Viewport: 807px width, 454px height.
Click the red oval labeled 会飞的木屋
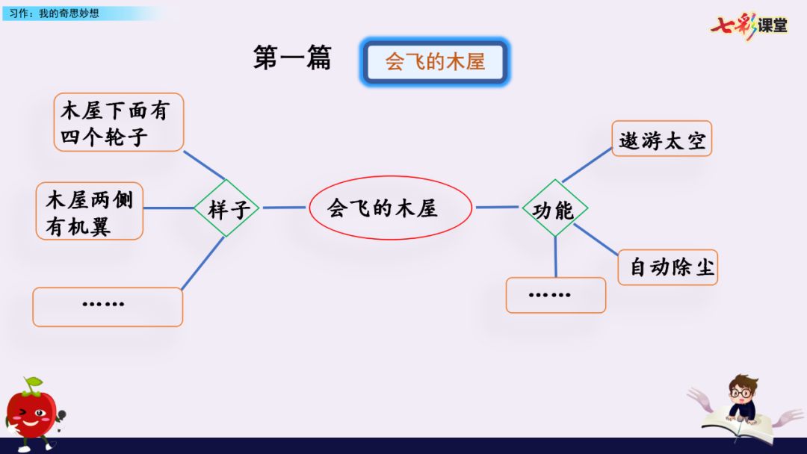[x=390, y=208]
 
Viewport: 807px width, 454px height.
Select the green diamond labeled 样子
[x=227, y=209]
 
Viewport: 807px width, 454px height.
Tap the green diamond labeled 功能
[x=554, y=210]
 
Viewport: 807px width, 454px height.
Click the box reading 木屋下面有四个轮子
[x=119, y=122]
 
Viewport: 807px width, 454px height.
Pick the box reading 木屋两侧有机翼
[x=90, y=211]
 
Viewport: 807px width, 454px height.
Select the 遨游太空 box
[x=661, y=139]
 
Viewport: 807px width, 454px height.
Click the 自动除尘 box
[x=667, y=267]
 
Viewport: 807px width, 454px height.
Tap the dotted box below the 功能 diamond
[x=555, y=295]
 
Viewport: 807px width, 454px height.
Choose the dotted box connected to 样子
[x=108, y=306]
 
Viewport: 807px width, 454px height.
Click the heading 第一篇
[x=292, y=58]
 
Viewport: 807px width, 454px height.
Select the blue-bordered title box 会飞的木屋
[x=436, y=61]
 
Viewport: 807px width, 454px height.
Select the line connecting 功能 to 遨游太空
[x=587, y=165]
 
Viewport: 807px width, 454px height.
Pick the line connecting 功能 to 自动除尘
[x=596, y=239]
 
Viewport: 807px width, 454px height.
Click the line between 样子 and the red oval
[x=284, y=208]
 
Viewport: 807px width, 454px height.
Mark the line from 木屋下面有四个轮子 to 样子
[x=204, y=166]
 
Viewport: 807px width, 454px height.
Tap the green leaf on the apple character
[x=32, y=385]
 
